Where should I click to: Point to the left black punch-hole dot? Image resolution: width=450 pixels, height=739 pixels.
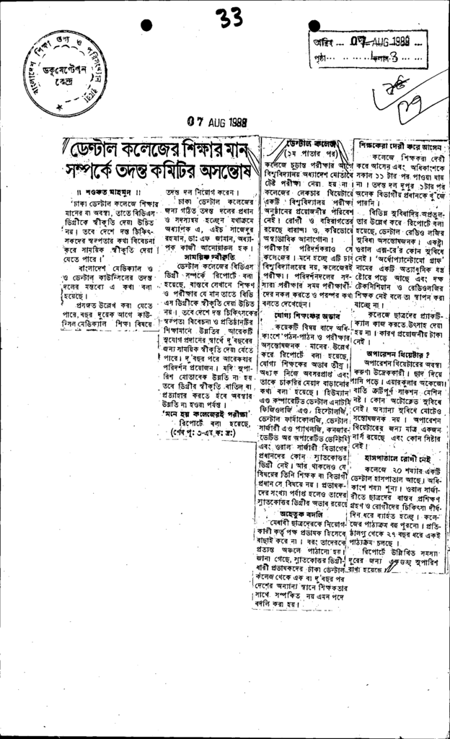coord(146,25)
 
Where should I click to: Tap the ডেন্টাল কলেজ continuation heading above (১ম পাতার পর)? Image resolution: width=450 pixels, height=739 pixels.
coord(311,144)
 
